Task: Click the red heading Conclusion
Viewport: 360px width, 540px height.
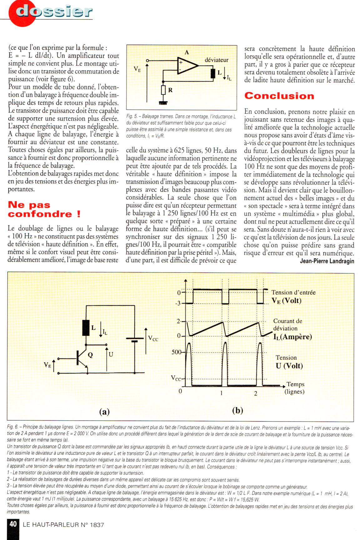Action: (x=279, y=96)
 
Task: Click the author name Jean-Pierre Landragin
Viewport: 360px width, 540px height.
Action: (x=327, y=261)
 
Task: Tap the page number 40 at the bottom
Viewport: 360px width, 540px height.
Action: (x=13, y=524)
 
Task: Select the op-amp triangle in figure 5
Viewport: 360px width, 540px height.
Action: (x=187, y=66)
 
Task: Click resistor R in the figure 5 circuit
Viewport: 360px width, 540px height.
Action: (x=163, y=90)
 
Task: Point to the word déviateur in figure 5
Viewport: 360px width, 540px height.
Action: (x=216, y=60)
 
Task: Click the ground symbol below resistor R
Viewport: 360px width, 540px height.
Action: (x=163, y=102)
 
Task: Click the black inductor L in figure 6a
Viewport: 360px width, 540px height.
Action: (x=86, y=328)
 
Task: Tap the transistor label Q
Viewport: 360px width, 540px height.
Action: (x=90, y=355)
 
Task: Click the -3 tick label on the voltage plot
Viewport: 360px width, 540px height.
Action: (x=178, y=303)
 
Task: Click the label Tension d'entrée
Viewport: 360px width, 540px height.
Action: (x=293, y=292)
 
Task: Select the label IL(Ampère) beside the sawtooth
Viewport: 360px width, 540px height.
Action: (x=292, y=337)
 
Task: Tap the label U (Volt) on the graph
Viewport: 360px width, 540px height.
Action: (x=289, y=366)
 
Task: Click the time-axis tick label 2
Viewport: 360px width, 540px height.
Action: (x=256, y=393)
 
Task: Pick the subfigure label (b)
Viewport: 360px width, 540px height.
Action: (x=237, y=410)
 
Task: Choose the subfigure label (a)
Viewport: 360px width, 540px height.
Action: (x=104, y=412)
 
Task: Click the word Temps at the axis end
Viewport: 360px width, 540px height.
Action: (x=295, y=384)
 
